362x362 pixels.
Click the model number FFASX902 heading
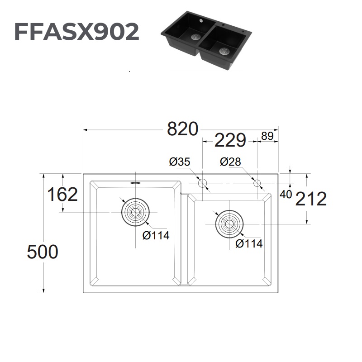(76, 32)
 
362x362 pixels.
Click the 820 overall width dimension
(183, 129)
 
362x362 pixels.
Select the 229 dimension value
(230, 141)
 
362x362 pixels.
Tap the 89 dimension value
(267, 136)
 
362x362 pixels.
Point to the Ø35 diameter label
(180, 162)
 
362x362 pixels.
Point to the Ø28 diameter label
(231, 162)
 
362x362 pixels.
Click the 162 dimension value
(63, 195)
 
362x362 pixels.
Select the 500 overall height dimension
(43, 252)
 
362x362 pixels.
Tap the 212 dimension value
(311, 199)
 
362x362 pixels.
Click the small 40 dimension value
(286, 195)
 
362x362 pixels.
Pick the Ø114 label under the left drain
(155, 235)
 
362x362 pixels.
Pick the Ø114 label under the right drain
(249, 243)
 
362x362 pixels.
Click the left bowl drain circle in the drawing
(135, 212)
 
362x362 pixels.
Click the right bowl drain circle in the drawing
(229, 224)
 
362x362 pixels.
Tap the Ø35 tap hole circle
(202, 183)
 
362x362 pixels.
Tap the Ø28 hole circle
(257, 183)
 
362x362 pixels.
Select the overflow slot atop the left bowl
(135, 183)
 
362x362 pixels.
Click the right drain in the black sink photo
(224, 51)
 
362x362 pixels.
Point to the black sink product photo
(206, 41)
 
